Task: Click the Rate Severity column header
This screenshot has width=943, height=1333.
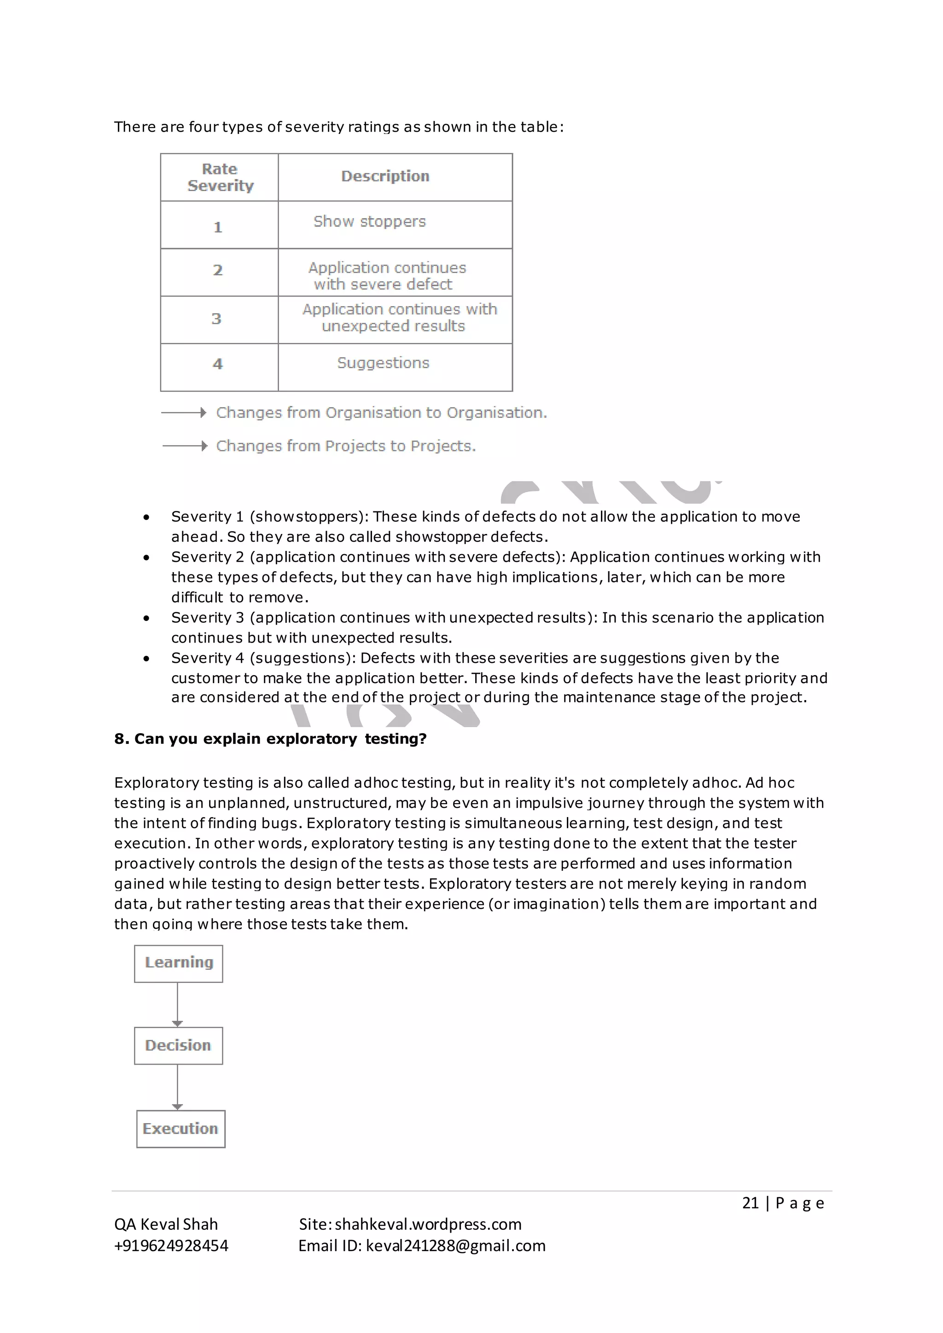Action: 220,177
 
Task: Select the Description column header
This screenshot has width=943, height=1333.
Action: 385,176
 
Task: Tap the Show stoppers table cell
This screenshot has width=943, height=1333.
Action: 369,222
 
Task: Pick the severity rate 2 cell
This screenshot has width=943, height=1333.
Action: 218,271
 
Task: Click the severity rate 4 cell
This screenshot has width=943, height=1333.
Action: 218,364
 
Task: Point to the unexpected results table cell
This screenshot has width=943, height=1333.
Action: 400,318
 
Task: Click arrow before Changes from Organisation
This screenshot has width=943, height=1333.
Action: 184,413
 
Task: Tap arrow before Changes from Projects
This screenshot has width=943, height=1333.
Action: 185,446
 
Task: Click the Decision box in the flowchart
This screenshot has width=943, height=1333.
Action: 178,1046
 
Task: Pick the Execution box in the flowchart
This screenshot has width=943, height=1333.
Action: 180,1129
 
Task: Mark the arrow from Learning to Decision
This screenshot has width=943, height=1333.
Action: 178,1004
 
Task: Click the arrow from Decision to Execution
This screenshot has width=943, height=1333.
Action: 178,1087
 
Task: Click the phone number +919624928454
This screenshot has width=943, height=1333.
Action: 171,1246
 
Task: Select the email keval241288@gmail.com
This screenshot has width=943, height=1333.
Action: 455,1246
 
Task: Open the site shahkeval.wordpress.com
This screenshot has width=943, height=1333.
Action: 428,1224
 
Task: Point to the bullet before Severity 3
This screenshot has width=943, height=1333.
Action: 146,618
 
